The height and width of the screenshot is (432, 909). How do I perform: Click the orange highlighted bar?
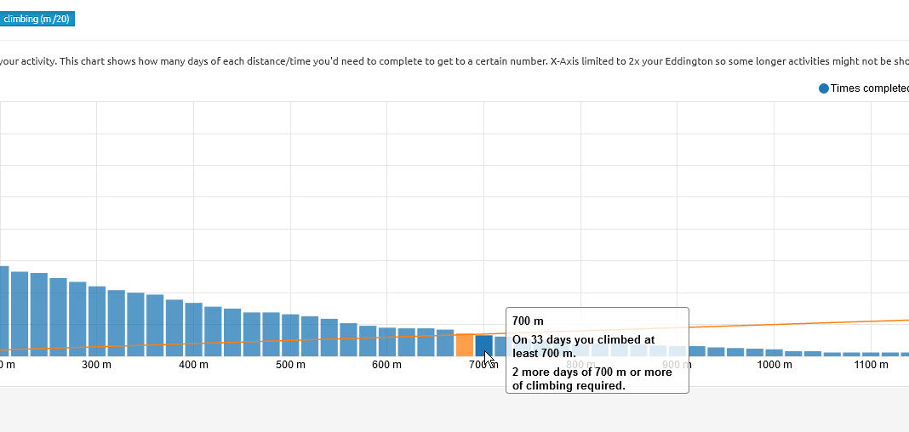[x=465, y=344]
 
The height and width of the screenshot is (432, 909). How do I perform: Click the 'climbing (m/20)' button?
[x=37, y=19]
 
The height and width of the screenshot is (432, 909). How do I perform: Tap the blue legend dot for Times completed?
[x=823, y=89]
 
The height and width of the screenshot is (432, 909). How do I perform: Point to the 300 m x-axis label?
[x=96, y=365]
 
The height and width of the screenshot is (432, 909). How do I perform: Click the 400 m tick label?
[x=193, y=365]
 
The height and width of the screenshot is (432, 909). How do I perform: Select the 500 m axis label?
[x=290, y=365]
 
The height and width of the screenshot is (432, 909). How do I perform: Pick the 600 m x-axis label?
[x=386, y=365]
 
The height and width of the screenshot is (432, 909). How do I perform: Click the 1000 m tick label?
[x=774, y=365]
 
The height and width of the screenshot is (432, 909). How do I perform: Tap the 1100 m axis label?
[x=871, y=365]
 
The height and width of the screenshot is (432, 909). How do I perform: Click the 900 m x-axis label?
[x=677, y=365]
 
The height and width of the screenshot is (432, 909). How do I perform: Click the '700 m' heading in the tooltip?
[x=528, y=321]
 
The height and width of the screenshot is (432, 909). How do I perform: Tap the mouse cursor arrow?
[x=489, y=358]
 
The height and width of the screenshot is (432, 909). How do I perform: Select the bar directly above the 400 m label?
[x=194, y=330]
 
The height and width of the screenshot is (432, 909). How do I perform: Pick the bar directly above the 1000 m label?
[x=774, y=352]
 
